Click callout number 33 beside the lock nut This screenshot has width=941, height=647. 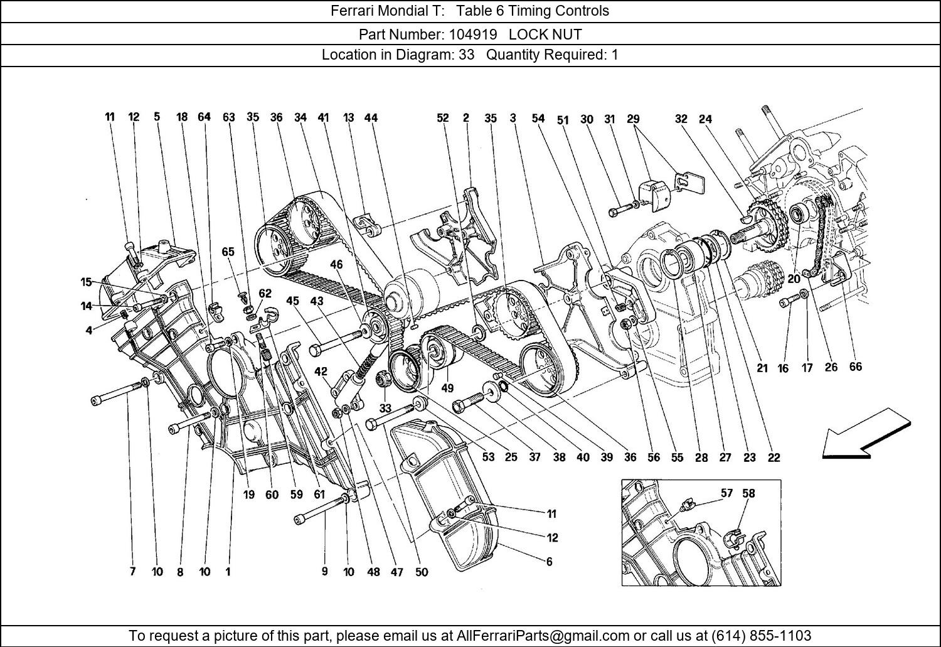pyautogui.click(x=385, y=408)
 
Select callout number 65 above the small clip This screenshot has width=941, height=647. pyautogui.click(x=228, y=252)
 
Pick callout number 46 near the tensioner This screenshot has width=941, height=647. pyautogui.click(x=336, y=265)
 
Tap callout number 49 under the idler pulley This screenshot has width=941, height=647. pyautogui.click(x=447, y=388)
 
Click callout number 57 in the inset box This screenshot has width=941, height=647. pyautogui.click(x=726, y=493)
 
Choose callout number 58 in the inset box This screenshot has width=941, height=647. pyautogui.click(x=748, y=493)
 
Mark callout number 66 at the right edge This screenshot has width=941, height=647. pyautogui.click(x=855, y=367)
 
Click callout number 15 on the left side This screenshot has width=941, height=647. pyautogui.click(x=87, y=282)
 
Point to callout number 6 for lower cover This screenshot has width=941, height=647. pyautogui.click(x=549, y=562)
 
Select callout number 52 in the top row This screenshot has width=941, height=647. pyautogui.click(x=443, y=118)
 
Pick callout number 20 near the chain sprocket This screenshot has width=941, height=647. pyautogui.click(x=794, y=279)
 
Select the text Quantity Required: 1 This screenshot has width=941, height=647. pyautogui.click(x=552, y=55)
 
